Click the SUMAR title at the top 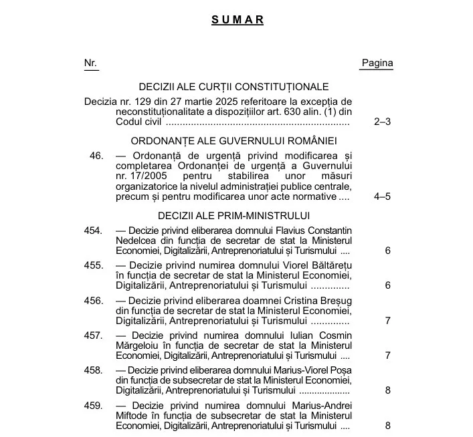[238, 20]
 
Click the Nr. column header [90, 63]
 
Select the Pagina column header [377, 63]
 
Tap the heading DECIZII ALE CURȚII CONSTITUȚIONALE [233, 87]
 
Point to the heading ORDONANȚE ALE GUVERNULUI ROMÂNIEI [233, 141]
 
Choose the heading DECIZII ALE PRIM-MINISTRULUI [233, 215]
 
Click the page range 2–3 [382, 122]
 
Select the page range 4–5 [382, 196]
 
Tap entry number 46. [96, 156]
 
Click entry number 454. [94, 231]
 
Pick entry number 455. [94, 265]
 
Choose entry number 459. [94, 406]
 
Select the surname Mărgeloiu [139, 345]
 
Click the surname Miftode [132, 416]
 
